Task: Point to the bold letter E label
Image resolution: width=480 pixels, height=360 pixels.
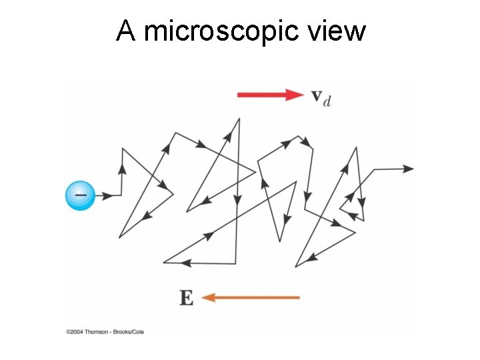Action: point(187,297)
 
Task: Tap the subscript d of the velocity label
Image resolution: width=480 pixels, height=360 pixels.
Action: point(327,101)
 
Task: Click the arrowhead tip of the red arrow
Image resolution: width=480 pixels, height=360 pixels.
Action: point(303,95)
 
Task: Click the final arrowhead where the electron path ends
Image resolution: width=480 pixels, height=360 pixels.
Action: point(412,169)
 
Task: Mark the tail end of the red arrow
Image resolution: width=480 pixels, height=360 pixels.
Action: point(239,95)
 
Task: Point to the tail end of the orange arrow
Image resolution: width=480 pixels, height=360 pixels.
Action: point(299,297)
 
